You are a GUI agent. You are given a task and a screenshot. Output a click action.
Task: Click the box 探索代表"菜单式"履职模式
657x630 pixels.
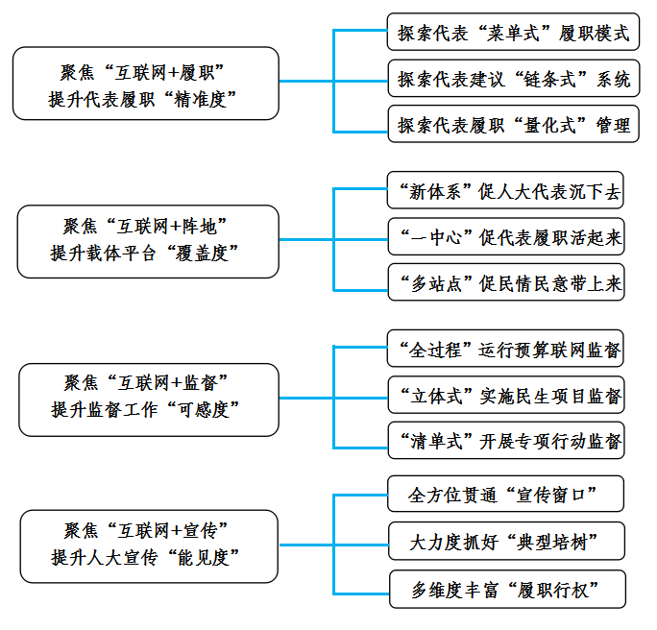pyautogui.click(x=513, y=32)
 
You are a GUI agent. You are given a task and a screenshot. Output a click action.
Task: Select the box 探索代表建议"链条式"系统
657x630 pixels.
pyautogui.click(x=514, y=79)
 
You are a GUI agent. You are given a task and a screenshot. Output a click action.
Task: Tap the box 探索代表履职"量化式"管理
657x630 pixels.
pyautogui.click(x=513, y=124)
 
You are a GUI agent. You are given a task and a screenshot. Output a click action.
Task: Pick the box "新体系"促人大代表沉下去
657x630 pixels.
pyautogui.click(x=505, y=190)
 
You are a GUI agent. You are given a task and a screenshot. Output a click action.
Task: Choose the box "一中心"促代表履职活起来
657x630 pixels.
pyautogui.click(x=506, y=236)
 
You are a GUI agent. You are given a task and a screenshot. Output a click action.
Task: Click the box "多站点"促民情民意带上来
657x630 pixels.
pyautogui.click(x=506, y=282)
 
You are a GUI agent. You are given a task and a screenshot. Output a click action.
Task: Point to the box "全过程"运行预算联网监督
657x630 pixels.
pyautogui.click(x=505, y=349)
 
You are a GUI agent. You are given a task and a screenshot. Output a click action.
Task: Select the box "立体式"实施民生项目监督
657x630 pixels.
pyautogui.click(x=506, y=395)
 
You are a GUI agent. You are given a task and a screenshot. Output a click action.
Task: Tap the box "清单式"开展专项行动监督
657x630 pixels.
pyautogui.click(x=506, y=440)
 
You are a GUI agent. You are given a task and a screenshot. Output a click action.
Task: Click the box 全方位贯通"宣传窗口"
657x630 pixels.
pyautogui.click(x=506, y=494)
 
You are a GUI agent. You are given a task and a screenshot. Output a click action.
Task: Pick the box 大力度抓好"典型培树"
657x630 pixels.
pyautogui.click(x=506, y=541)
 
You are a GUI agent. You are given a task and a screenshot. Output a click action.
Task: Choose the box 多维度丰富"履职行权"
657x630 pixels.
pyautogui.click(x=507, y=589)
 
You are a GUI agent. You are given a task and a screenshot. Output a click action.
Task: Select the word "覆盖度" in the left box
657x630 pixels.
pyautogui.click(x=202, y=254)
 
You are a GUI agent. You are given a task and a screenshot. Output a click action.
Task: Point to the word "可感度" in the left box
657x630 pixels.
pyautogui.click(x=203, y=410)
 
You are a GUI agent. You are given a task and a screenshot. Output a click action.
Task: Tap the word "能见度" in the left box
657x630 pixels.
pyautogui.click(x=203, y=558)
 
